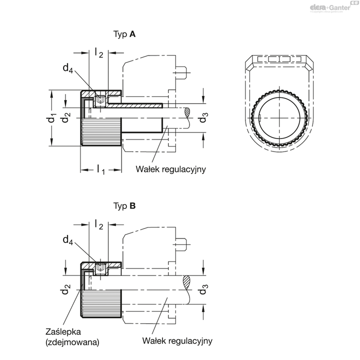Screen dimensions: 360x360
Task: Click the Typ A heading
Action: pos(124,34)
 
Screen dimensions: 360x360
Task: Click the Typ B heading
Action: pos(124,205)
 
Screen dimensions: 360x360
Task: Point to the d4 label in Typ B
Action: pos(68,239)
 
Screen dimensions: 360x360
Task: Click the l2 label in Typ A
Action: pos(98,53)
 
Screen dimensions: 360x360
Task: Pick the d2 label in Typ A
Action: pos(65,118)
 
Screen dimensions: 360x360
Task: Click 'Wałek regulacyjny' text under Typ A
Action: pos(171,169)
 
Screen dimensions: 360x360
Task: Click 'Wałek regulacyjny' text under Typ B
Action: pos(177,341)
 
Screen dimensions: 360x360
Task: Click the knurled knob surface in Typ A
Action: pos(100,133)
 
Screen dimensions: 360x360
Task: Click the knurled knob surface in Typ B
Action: pos(100,303)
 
